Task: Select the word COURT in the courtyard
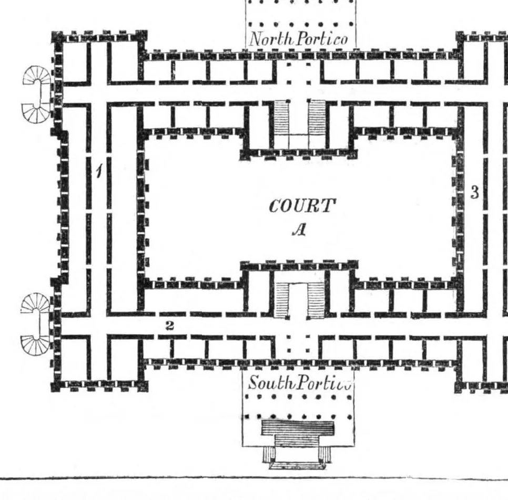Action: coord(302,206)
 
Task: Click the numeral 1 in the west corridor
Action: coord(99,171)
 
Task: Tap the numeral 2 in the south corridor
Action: coord(169,326)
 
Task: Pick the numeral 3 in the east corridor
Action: coord(475,193)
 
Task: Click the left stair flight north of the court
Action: coord(281,117)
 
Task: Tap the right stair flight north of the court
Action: coord(317,117)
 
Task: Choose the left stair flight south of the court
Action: coord(281,300)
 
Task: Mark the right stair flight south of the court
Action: coord(316,300)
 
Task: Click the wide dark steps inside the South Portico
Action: coord(298,428)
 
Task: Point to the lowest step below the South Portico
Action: coord(298,466)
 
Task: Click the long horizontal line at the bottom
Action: coord(254,477)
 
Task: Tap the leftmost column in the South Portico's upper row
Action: coord(249,396)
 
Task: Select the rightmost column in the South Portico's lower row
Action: coord(350,418)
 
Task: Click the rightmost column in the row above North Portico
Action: coord(351,24)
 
